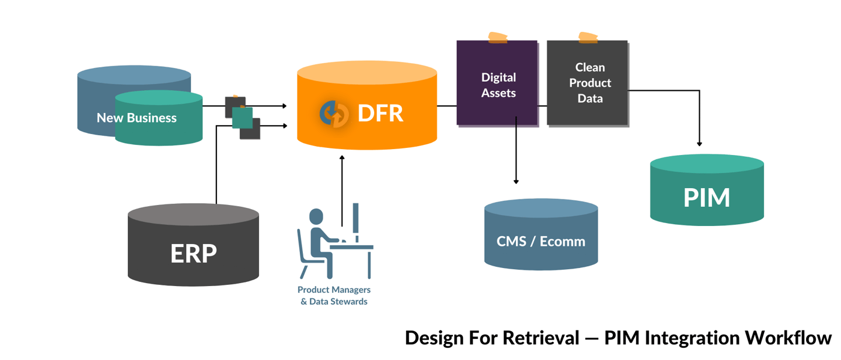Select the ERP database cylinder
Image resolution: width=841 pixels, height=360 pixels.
[193, 252]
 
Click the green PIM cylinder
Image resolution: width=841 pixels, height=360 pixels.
[706, 198]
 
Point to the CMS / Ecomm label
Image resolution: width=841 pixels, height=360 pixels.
[541, 242]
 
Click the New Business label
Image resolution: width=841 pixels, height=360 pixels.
[136, 118]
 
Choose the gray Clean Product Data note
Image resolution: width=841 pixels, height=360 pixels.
[589, 83]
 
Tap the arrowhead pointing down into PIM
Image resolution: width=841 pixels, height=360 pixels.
[699, 143]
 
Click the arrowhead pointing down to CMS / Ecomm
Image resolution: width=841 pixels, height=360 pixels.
[516, 181]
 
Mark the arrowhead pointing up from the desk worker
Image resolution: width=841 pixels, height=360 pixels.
[342, 157]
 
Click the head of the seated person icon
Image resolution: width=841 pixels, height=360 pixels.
[316, 216]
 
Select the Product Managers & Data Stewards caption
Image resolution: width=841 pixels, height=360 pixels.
[334, 296]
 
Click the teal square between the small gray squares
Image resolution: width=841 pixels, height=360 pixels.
[242, 118]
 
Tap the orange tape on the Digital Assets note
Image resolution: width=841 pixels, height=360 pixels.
[497, 38]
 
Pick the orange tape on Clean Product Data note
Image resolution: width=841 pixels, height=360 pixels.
[587, 38]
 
